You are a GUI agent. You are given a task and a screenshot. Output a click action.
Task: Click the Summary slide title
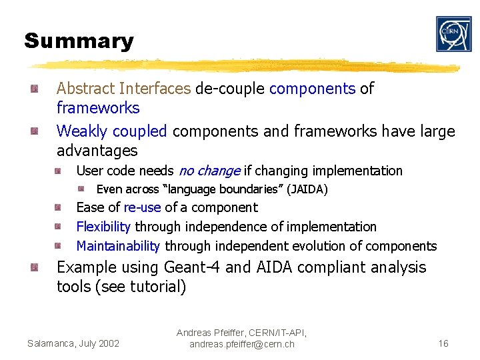(79, 41)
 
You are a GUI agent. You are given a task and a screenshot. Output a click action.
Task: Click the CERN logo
(453, 34)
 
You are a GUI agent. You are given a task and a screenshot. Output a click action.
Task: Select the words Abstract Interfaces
(124, 89)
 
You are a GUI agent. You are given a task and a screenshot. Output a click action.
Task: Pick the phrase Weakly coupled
(111, 131)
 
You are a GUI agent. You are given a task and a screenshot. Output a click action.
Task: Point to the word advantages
(97, 151)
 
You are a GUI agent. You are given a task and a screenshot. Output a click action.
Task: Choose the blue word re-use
(142, 208)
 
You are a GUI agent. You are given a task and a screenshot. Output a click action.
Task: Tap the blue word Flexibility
(103, 227)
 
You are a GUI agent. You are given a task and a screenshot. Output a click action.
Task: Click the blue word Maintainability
(118, 247)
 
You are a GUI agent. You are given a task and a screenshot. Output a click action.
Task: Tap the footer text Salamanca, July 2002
(73, 343)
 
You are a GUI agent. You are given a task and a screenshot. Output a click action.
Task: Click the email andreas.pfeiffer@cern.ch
(241, 345)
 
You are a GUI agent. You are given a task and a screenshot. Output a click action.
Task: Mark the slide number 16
(443, 343)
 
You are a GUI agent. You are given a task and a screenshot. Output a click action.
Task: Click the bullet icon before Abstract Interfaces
(34, 89)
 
